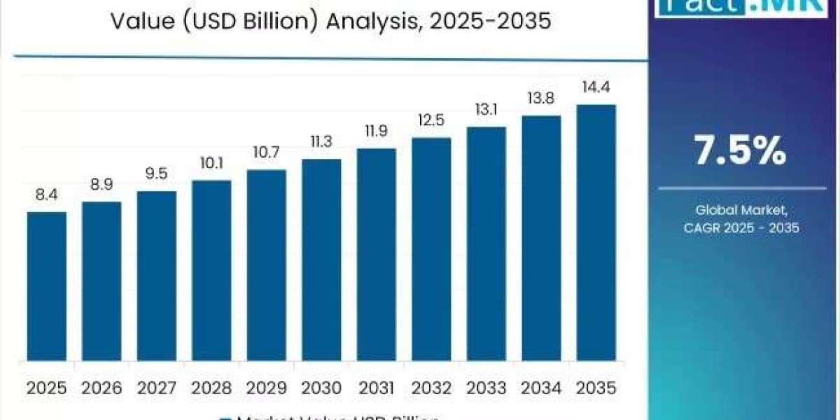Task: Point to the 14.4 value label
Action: [x=596, y=89]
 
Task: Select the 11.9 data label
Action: [x=376, y=132]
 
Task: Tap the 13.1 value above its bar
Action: [x=486, y=111]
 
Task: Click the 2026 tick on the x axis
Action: [x=101, y=387]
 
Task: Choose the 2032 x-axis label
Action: [x=431, y=387]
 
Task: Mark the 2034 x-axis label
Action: [x=541, y=387]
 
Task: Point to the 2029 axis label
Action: [x=266, y=387]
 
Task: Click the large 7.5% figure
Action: [x=739, y=151]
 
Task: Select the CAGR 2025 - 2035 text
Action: [x=741, y=227]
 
